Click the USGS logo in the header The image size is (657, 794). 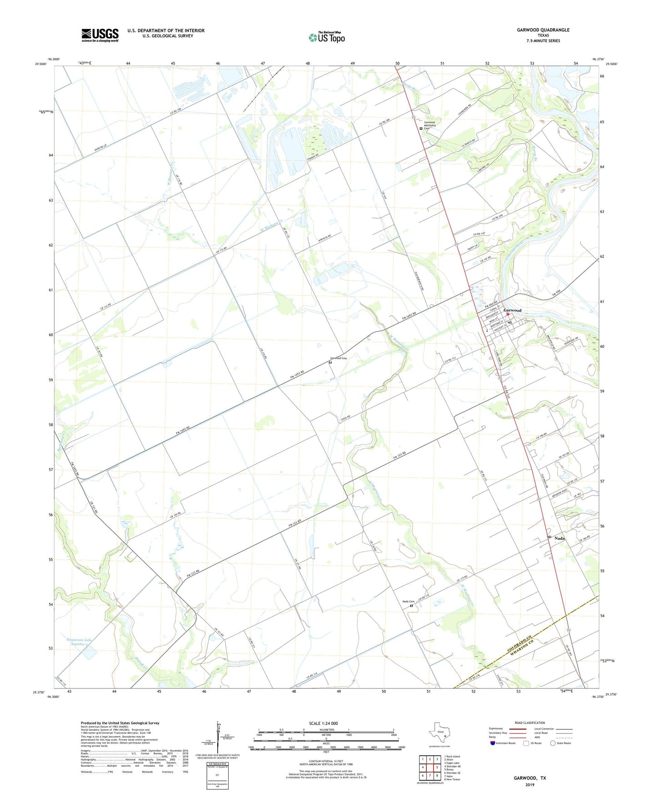[x=100, y=35]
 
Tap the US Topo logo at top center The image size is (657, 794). [x=326, y=37]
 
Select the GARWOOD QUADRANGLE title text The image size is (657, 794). [x=543, y=30]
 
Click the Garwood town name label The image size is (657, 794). [x=512, y=310]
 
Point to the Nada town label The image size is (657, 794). [x=559, y=538]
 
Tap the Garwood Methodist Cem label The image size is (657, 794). [x=430, y=125]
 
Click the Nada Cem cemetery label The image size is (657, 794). [x=408, y=602]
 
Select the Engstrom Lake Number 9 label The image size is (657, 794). [x=80, y=642]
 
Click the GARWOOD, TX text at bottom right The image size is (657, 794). [x=530, y=778]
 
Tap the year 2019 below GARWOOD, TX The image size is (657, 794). [x=530, y=784]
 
